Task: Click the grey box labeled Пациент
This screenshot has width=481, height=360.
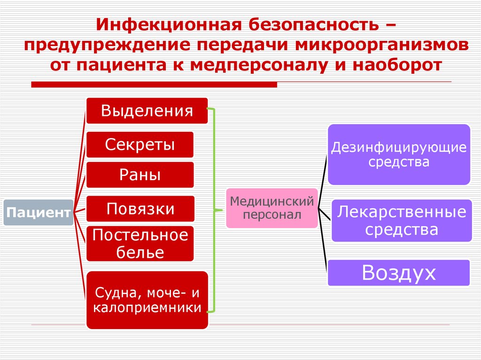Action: (x=38, y=213)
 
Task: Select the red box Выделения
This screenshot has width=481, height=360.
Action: (x=147, y=111)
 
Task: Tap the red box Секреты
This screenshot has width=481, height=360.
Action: (x=140, y=145)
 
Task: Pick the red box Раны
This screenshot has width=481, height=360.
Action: (x=140, y=175)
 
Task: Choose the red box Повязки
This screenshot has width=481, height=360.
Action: (x=140, y=208)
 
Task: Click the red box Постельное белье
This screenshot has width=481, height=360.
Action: (x=140, y=244)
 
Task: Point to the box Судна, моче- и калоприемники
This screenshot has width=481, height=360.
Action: (x=147, y=300)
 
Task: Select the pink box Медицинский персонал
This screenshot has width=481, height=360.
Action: (x=272, y=208)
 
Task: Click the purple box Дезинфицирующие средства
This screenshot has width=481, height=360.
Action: (x=399, y=154)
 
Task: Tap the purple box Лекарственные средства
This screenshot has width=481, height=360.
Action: (x=402, y=221)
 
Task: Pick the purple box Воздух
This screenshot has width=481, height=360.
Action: (x=399, y=273)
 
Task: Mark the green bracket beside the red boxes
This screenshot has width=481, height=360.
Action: (x=214, y=210)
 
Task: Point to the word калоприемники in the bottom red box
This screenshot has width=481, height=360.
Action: (x=147, y=308)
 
